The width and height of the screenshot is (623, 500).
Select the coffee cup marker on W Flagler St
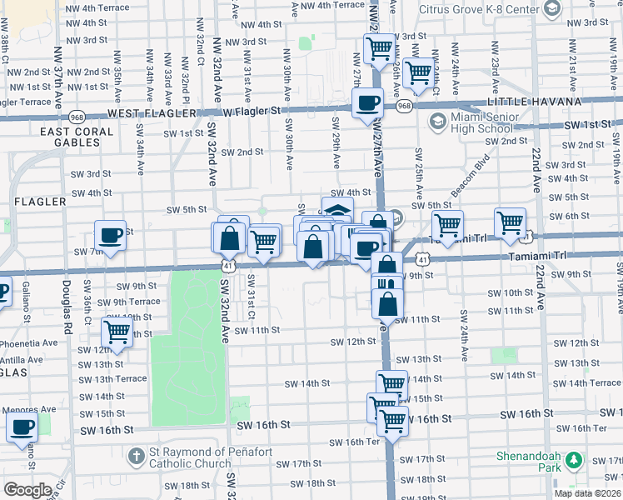click(x=366, y=104)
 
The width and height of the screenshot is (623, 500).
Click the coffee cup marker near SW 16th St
click(x=22, y=428)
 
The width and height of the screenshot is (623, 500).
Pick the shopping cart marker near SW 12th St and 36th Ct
click(x=117, y=332)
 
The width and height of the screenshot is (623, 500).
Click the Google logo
click(x=27, y=490)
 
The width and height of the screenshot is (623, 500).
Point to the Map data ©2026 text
click(x=587, y=493)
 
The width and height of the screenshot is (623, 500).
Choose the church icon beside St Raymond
click(x=136, y=457)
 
